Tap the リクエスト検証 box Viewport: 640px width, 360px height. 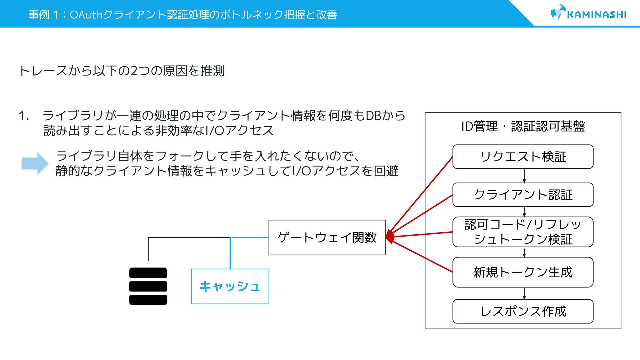[x=523, y=157]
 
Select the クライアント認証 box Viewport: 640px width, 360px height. [x=523, y=195]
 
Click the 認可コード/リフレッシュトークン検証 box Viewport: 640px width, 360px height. [x=523, y=232]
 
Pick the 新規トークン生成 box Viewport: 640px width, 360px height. [x=523, y=272]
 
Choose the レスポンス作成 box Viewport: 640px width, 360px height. [x=523, y=311]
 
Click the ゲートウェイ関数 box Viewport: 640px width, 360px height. [x=327, y=238]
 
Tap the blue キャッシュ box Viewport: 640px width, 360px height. [x=230, y=286]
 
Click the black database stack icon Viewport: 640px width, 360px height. [x=148, y=286]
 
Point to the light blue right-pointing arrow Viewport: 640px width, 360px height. [x=35, y=163]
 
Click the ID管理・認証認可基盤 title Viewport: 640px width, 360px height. [x=523, y=126]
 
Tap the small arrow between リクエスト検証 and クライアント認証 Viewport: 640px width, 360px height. [x=524, y=176]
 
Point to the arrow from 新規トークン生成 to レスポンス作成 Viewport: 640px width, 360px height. [x=524, y=294]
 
